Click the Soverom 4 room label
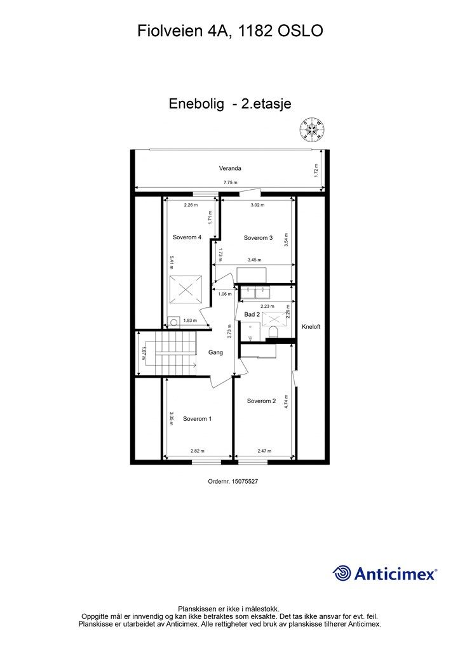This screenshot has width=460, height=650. pyautogui.click(x=187, y=237)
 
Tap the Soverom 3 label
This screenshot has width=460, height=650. pyautogui.click(x=258, y=238)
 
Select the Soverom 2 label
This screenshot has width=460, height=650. pyautogui.click(x=261, y=401)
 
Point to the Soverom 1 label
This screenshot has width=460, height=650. pyautogui.click(x=197, y=419)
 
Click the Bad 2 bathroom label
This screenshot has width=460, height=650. pyautogui.click(x=252, y=314)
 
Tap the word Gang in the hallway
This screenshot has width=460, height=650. pyautogui.click(x=215, y=352)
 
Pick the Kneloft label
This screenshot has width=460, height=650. pyautogui.click(x=311, y=327)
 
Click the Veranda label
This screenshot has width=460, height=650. pyautogui.click(x=230, y=169)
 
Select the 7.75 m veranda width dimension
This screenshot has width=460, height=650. pyautogui.click(x=230, y=183)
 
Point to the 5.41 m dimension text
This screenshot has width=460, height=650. pyautogui.click(x=171, y=263)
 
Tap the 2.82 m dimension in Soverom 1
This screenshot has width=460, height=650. pyautogui.click(x=198, y=451)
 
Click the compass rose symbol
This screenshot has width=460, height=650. pyautogui.click(x=313, y=129)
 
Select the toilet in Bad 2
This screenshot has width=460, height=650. pyautogui.click(x=274, y=333)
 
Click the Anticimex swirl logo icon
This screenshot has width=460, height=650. pyautogui.click(x=342, y=574)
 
